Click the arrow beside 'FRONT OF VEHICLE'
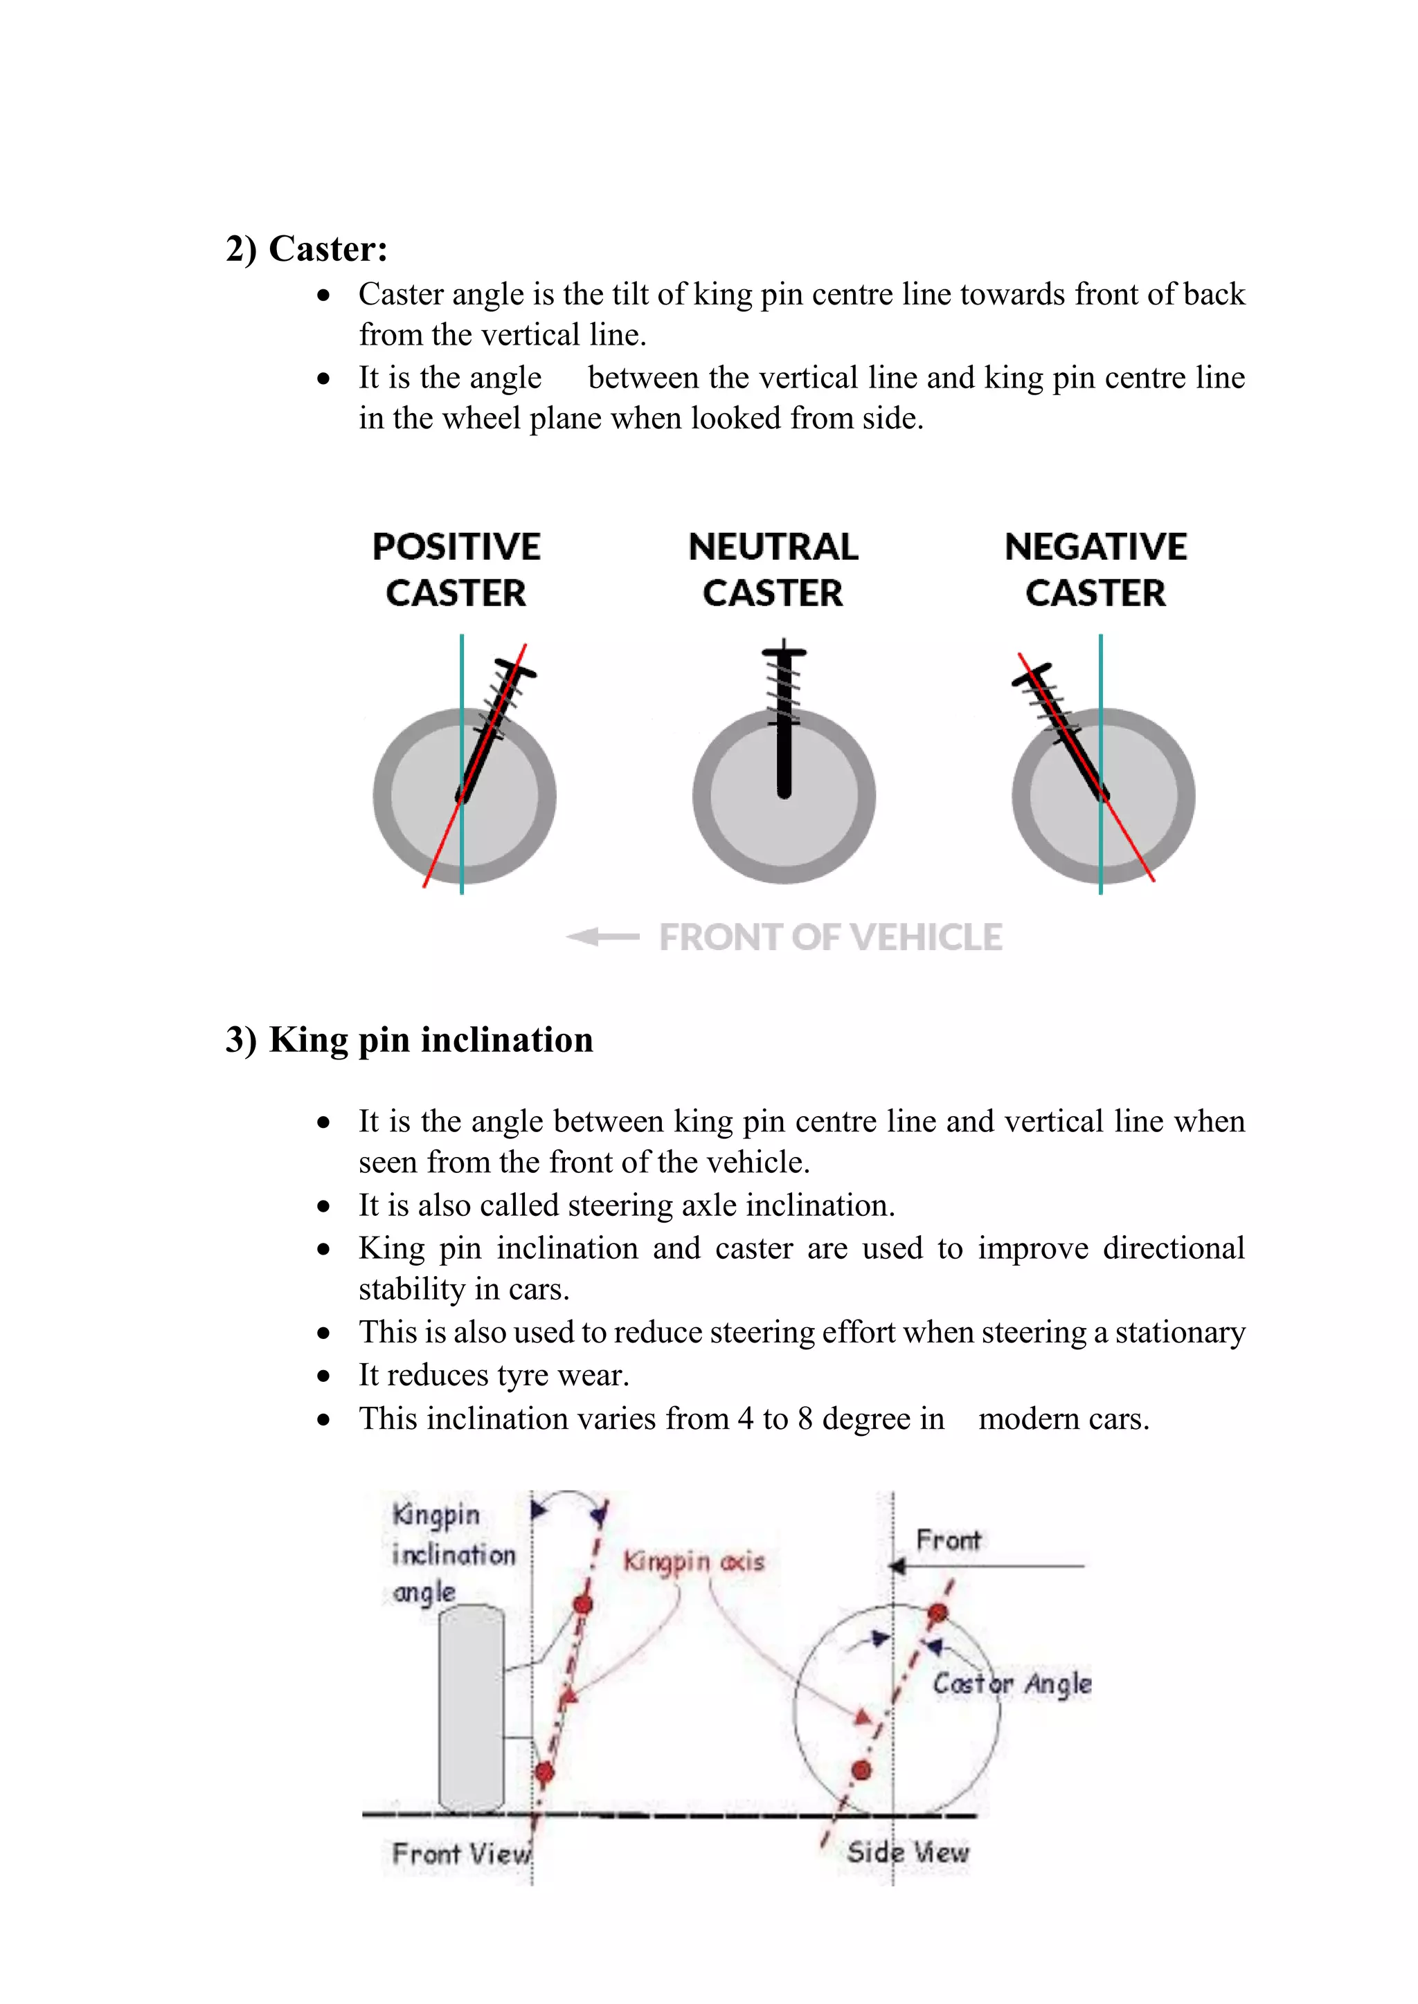[x=602, y=936]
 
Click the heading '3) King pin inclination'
[x=409, y=1040]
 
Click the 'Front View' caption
[x=461, y=1853]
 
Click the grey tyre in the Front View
[x=472, y=1709]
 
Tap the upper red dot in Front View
[x=583, y=1604]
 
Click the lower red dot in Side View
[x=861, y=1770]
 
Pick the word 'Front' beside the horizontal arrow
[x=949, y=1540]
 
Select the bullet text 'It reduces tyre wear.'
[x=494, y=1376]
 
